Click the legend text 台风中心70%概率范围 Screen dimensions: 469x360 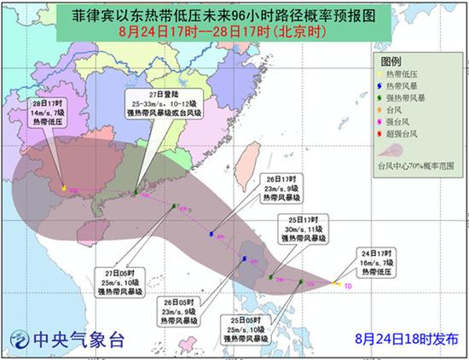414,161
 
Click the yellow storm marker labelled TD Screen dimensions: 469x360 338,283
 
